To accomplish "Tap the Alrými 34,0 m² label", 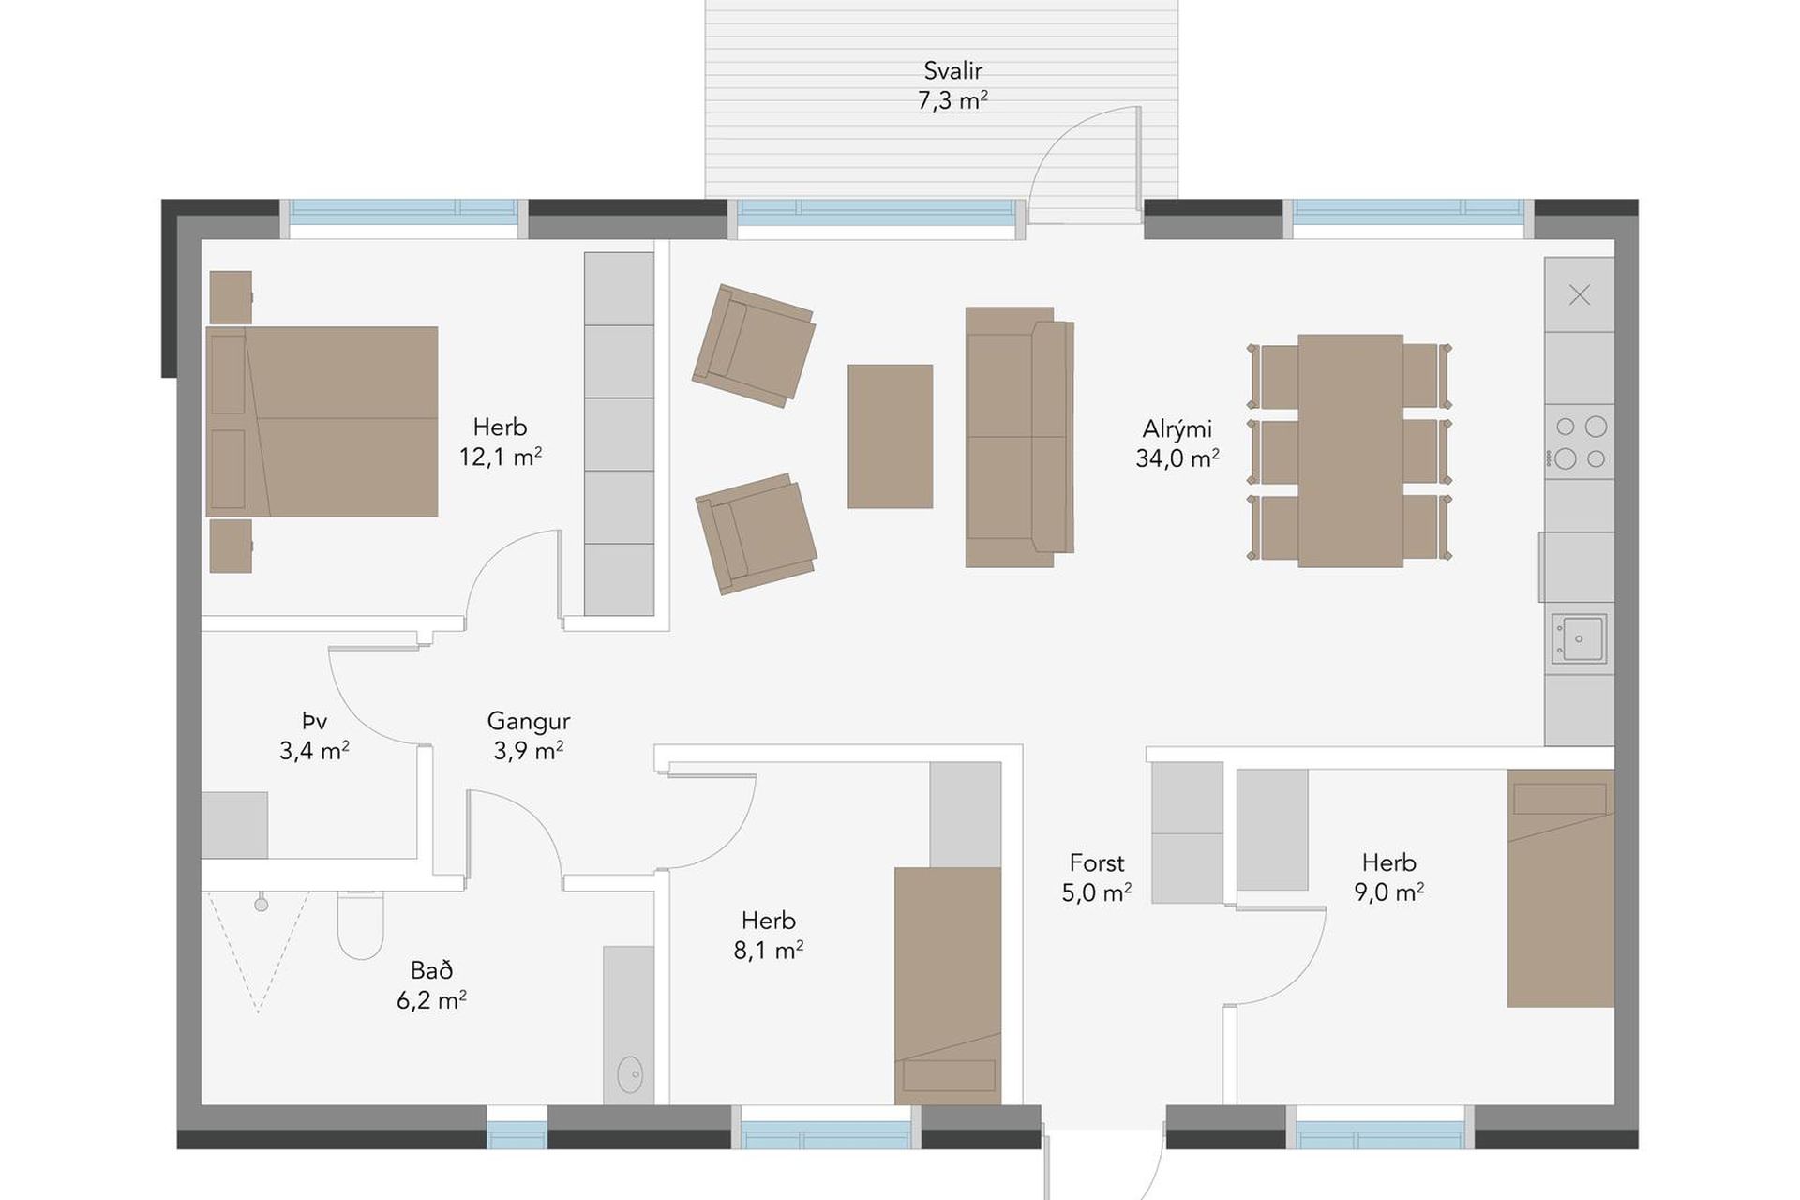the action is [1177, 443].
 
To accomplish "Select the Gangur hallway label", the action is [529, 736].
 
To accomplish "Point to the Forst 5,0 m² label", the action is [1097, 877].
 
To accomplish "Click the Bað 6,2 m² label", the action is [431, 985].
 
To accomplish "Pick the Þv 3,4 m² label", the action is [314, 736].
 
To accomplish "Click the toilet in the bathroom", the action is [361, 924].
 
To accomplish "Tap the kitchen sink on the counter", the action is [1579, 638].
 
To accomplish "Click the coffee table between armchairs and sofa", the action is [890, 436].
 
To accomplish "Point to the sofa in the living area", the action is [1019, 437].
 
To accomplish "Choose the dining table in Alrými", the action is [1350, 451].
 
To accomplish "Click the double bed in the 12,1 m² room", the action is [322, 422].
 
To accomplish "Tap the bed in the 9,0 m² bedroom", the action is [1561, 888].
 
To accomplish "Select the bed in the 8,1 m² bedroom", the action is [948, 986].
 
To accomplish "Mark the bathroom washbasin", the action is [629, 1074].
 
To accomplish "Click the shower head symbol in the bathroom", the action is [262, 904].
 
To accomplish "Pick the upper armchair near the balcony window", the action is [754, 346].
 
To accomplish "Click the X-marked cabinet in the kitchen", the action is [1579, 294].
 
